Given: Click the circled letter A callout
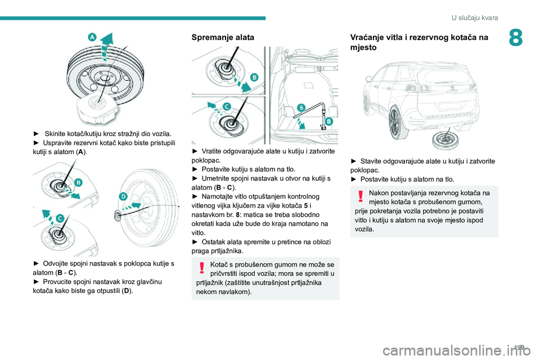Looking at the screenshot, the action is [92, 37].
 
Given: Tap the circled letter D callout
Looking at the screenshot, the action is [123, 197].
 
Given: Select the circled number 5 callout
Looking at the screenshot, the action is [301, 108].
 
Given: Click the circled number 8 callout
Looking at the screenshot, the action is [329, 121].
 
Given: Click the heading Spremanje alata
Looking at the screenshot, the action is [223, 37].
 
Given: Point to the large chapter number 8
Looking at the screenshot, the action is [516, 38].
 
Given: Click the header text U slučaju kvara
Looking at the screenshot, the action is [475, 17].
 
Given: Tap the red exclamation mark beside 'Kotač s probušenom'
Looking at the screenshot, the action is [202, 268].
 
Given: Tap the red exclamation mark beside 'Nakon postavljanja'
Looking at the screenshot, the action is [361, 196].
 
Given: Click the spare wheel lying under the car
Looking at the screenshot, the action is [445, 141].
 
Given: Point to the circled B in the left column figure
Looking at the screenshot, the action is [79, 182].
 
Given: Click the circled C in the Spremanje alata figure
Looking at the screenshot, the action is [227, 107].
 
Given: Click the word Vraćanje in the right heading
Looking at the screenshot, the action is [366, 37].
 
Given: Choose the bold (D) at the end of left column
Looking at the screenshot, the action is [127, 290].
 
